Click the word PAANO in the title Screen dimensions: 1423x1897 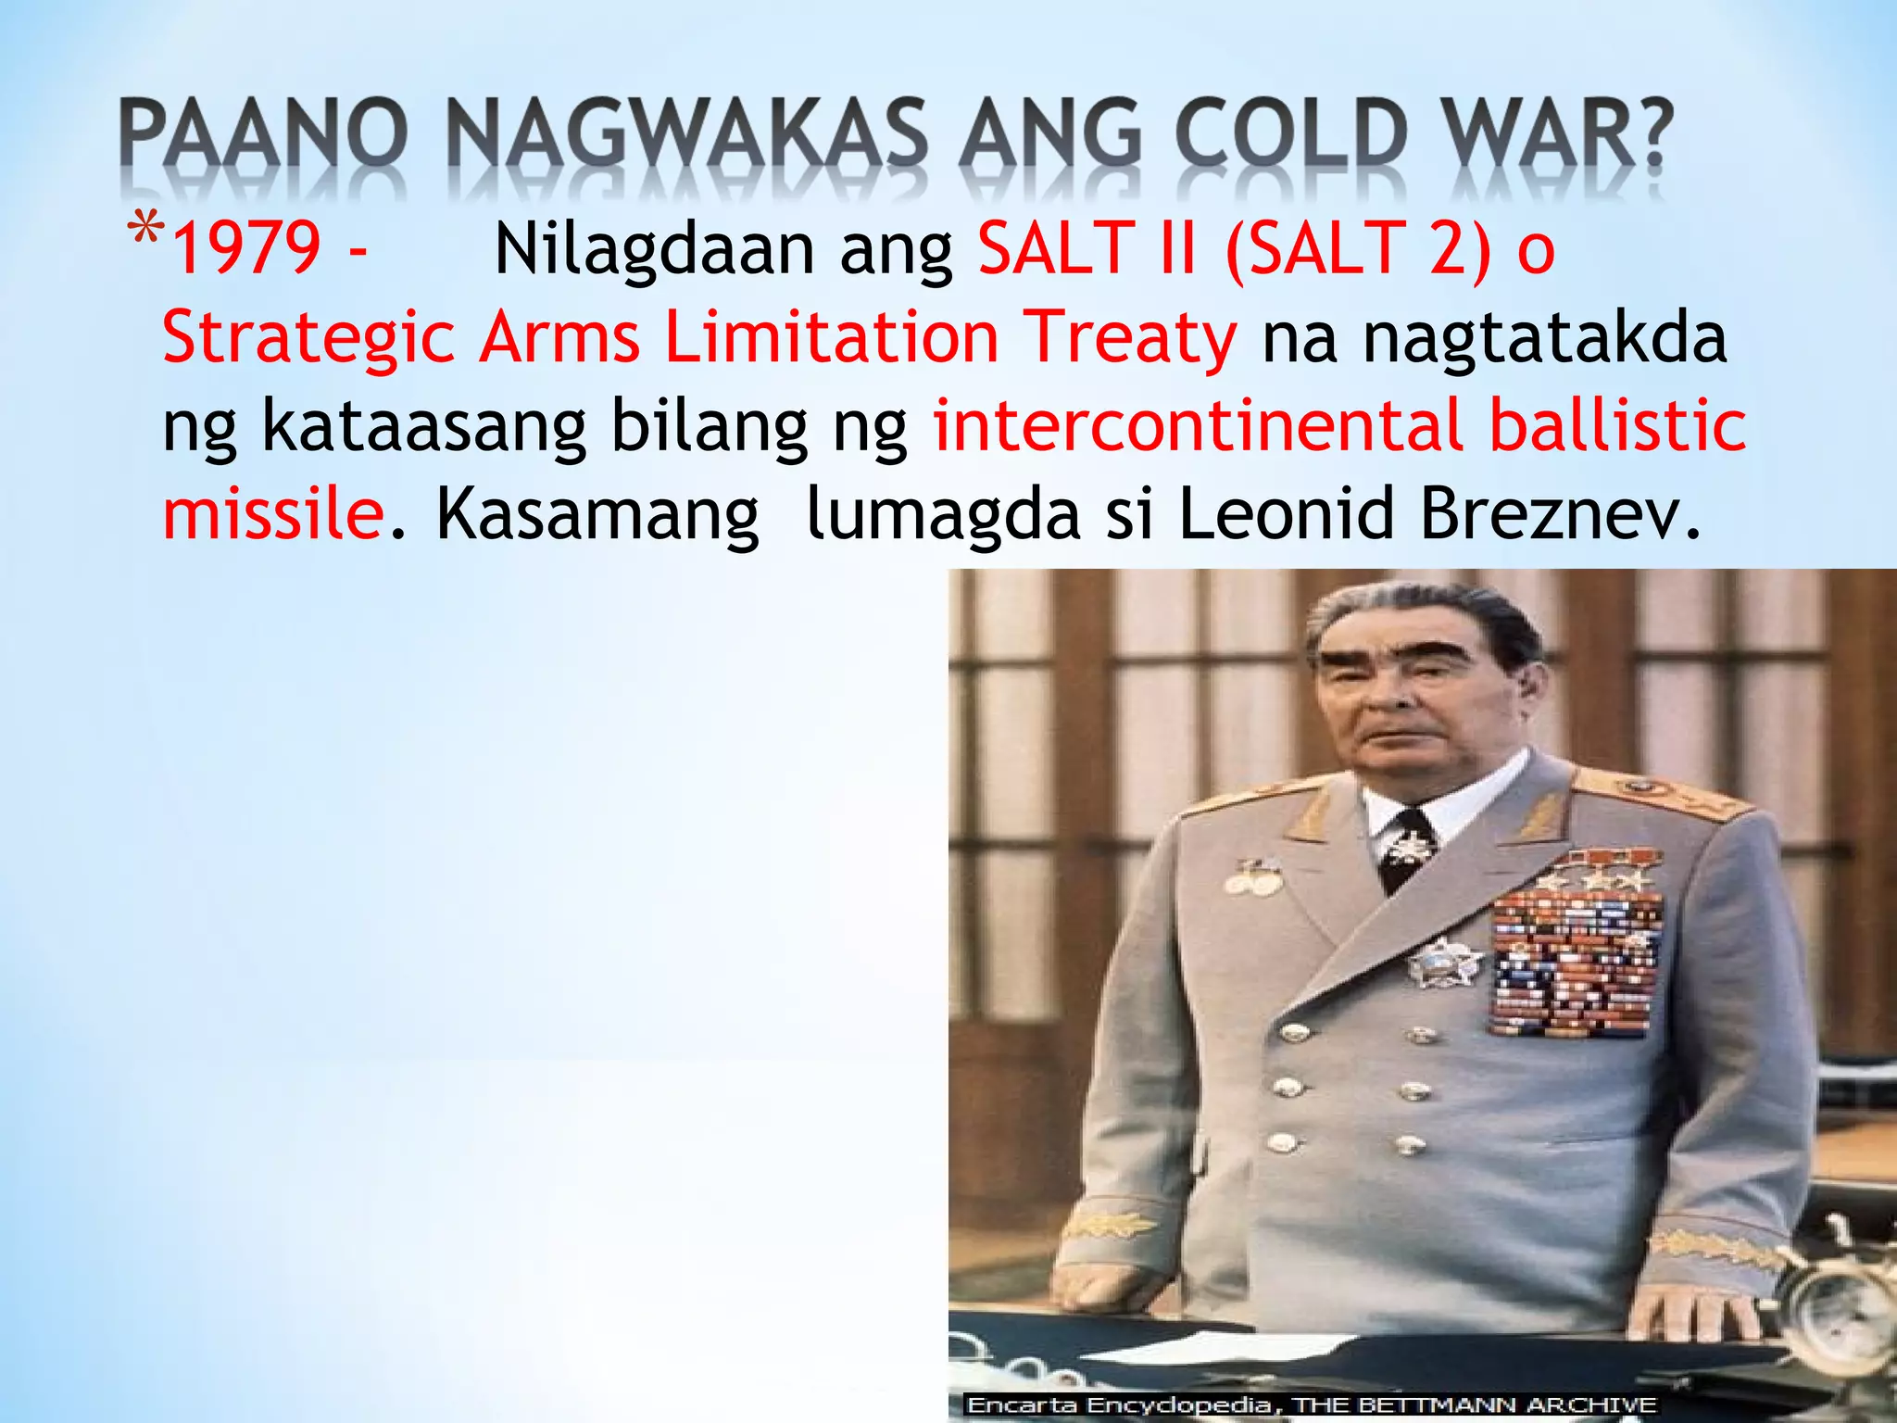[x=263, y=135]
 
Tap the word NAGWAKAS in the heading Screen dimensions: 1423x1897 [x=685, y=135]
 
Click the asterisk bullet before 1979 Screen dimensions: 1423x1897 [x=146, y=232]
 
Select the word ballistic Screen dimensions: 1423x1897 [x=1617, y=425]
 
